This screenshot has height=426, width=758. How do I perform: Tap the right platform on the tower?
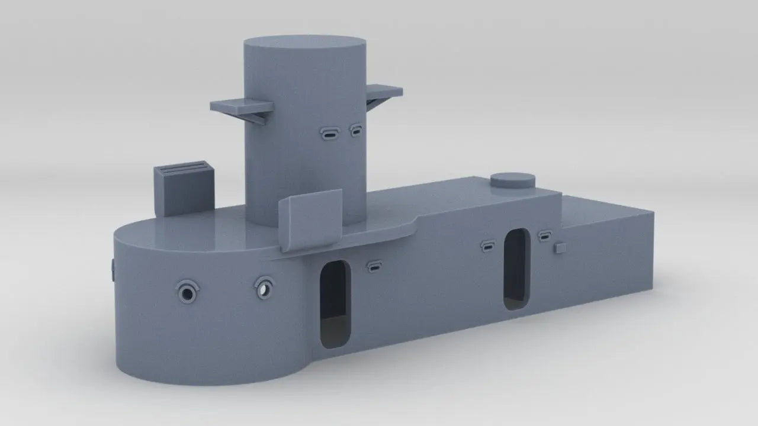coord(384,91)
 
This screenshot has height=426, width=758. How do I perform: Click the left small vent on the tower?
coord(329,134)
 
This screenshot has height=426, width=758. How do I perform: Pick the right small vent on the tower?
coord(356,130)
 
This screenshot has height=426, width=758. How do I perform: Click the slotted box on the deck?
coord(184,188)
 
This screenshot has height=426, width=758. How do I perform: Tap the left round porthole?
coord(188,292)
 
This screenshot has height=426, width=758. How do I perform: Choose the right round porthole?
coord(264,289)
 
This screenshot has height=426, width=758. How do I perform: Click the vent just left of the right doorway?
coord(488,246)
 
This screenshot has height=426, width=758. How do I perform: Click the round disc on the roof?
coord(512,180)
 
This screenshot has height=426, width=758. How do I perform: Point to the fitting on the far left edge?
coord(112,270)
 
